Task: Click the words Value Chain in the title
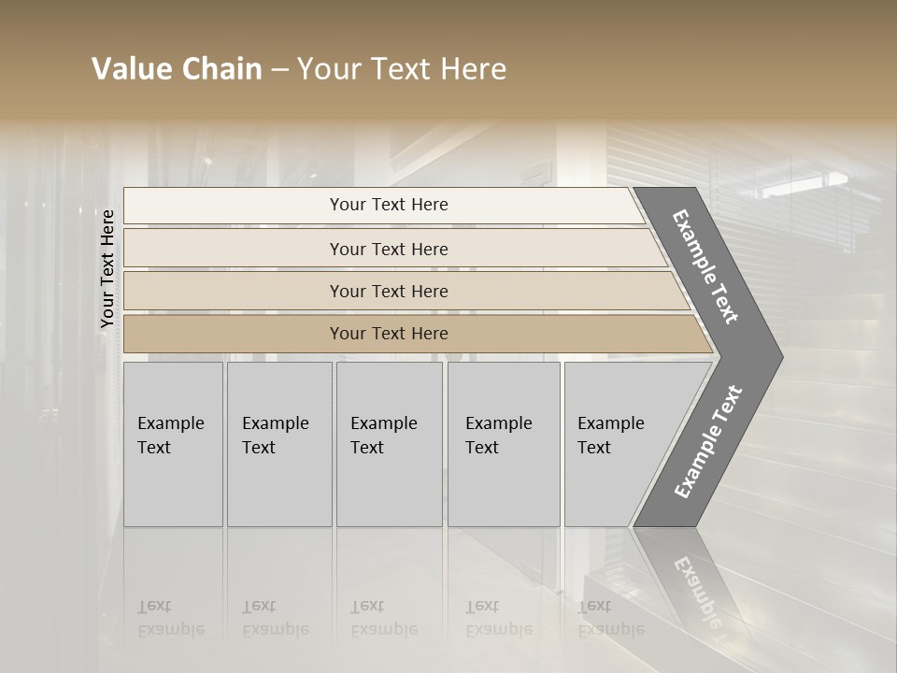(177, 69)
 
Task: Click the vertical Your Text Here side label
(107, 268)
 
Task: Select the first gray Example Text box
(173, 444)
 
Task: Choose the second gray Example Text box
(279, 444)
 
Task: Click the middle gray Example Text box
(389, 444)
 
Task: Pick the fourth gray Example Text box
(504, 444)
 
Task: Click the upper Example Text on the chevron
(706, 266)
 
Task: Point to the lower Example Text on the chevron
(708, 441)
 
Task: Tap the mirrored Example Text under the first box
(170, 618)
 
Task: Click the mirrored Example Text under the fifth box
(611, 618)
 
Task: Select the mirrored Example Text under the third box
(383, 618)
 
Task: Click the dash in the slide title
(279, 69)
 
